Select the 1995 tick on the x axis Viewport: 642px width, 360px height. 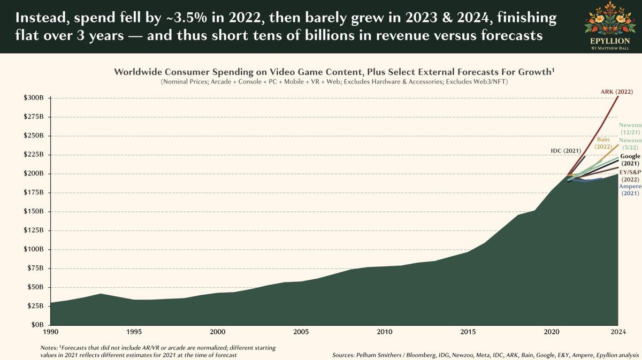pyautogui.click(x=134, y=331)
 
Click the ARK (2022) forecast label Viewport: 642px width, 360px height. pyautogui.click(x=616, y=92)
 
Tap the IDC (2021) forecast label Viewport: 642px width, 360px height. pyautogui.click(x=565, y=151)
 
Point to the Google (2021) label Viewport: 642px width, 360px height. pyautogui.click(x=630, y=159)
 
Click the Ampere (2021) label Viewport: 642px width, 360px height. pyautogui.click(x=630, y=190)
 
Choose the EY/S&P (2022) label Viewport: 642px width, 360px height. pyautogui.click(x=630, y=175)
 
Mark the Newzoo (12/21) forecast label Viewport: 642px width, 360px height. pyautogui.click(x=630, y=128)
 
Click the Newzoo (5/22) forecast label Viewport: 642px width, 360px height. pyautogui.click(x=630, y=144)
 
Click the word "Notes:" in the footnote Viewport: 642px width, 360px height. pyautogui.click(x=50, y=348)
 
